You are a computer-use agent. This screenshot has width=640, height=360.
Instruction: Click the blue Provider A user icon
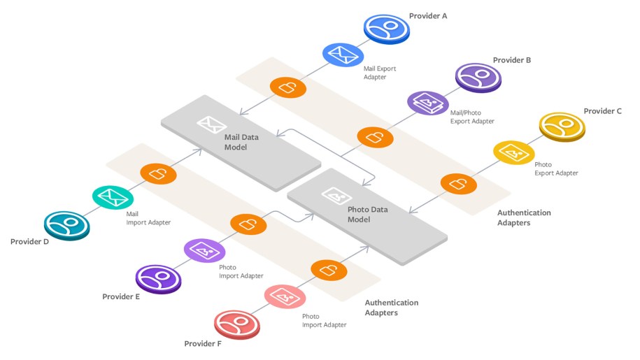pyautogui.click(x=386, y=28)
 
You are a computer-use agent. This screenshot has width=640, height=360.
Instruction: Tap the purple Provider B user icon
pyautogui.click(x=478, y=76)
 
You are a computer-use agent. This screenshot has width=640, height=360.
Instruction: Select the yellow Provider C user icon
pyautogui.click(x=562, y=126)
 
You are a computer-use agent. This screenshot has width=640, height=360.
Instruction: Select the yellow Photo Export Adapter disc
pyautogui.click(x=515, y=152)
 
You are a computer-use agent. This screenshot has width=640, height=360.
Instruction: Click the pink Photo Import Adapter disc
pyautogui.click(x=285, y=296)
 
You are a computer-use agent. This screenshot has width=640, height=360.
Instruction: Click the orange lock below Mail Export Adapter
pyautogui.click(x=288, y=87)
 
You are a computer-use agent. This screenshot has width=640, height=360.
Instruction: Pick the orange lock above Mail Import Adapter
pyautogui.click(x=158, y=173)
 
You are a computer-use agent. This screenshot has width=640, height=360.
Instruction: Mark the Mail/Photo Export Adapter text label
pyautogui.click(x=472, y=116)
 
